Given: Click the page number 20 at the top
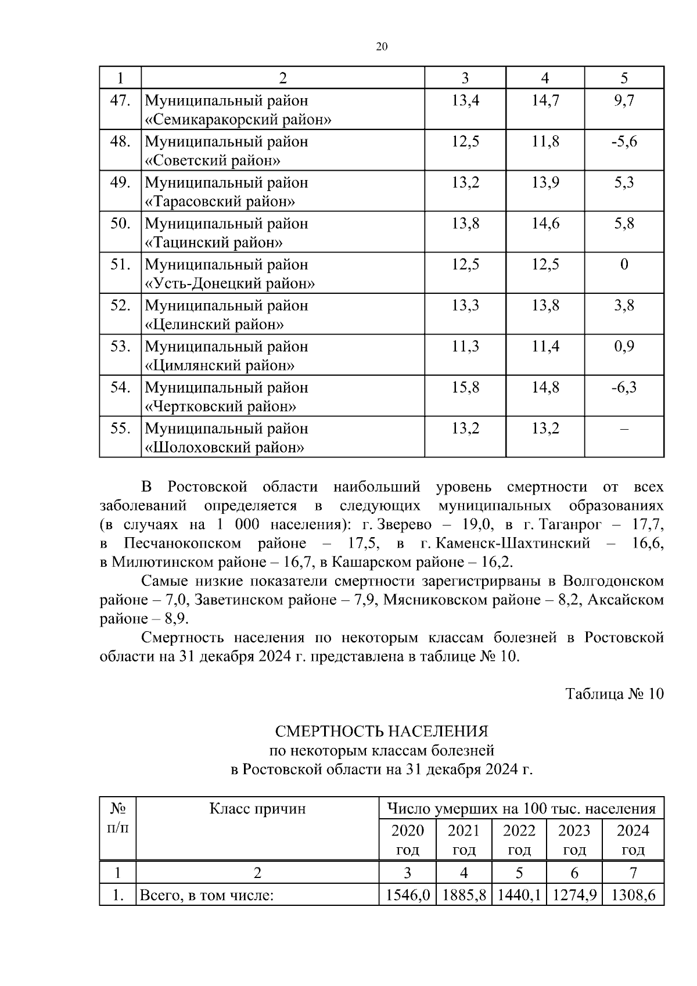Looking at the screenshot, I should [382, 47].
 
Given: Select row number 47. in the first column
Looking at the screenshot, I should [120, 100].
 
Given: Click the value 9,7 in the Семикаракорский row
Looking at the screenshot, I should [624, 100].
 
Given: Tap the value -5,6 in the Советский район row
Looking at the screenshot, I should [624, 142].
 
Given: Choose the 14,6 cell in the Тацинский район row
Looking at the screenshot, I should [545, 224].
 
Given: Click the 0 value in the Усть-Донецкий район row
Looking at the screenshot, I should [624, 265].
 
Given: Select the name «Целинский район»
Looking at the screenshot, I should [214, 325].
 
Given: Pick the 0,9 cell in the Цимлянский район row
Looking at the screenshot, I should [624, 347].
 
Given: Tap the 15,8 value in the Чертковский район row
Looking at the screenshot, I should [465, 387].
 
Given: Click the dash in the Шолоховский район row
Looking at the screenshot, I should [624, 429].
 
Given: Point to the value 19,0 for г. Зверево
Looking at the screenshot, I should [477, 524].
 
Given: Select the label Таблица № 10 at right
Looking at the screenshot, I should [615, 694].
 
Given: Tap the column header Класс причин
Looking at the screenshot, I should [257, 808].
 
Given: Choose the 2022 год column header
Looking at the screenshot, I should [519, 840].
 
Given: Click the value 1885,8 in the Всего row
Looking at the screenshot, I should [464, 895].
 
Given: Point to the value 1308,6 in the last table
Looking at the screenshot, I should [633, 895].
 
